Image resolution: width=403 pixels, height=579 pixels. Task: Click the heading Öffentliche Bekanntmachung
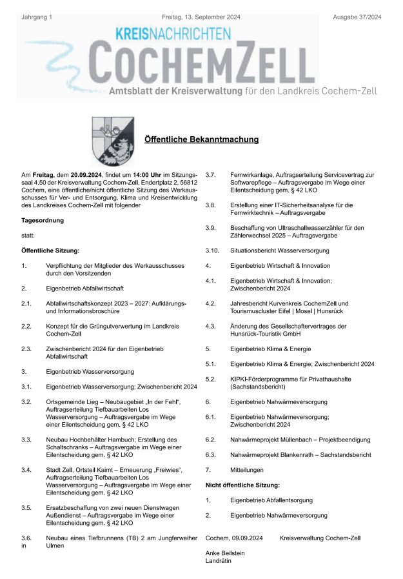tap(201, 139)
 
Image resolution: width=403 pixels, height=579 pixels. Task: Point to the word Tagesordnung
tap(44, 221)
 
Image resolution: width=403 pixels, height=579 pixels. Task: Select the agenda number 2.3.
tap(26, 349)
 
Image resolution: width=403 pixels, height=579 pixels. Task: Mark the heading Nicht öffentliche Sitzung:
tap(242, 484)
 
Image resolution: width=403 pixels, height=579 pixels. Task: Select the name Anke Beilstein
tap(225, 553)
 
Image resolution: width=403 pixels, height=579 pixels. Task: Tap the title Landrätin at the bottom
tap(218, 561)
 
